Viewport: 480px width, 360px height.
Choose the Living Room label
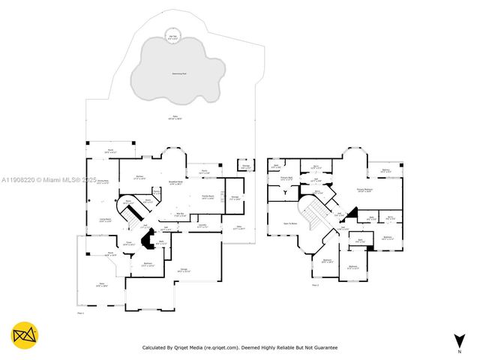106,220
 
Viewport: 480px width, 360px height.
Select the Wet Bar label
181,214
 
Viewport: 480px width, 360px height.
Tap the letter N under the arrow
459,351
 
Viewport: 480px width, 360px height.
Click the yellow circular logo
25,334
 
